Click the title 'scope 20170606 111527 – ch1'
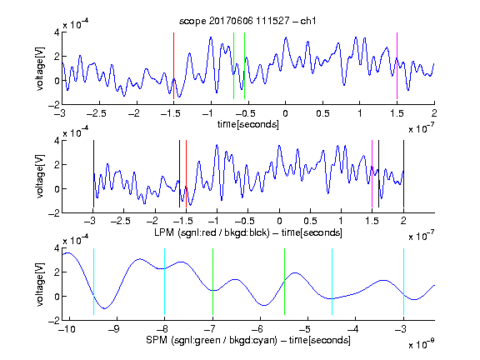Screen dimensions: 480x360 pos(247,21)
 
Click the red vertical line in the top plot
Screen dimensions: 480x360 pos(173,66)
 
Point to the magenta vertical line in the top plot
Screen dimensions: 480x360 pos(397,66)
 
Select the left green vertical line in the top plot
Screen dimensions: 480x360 pos(233,66)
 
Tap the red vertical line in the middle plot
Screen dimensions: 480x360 pos(186,174)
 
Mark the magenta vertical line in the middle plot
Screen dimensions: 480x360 pos(372,174)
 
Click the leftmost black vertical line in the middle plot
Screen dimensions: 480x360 pos(93,174)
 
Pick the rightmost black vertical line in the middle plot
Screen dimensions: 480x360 pos(403,174)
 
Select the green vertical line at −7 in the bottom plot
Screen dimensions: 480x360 pos(212,282)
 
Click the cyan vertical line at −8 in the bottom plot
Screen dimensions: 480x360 pos(164,282)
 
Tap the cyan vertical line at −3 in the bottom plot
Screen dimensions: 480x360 pos(403,282)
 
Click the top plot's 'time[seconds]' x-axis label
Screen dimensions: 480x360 pos(248,124)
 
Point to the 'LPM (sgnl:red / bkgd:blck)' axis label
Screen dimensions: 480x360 pos(212,232)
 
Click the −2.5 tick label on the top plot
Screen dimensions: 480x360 pos(96,113)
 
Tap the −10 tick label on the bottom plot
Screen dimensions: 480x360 pos(67,329)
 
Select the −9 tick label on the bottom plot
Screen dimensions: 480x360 pos(114,329)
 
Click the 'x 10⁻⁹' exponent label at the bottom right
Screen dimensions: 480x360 pos(421,344)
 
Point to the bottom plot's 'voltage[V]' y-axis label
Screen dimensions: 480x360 pos(40,285)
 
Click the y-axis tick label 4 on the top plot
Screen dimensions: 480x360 pos(57,32)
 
